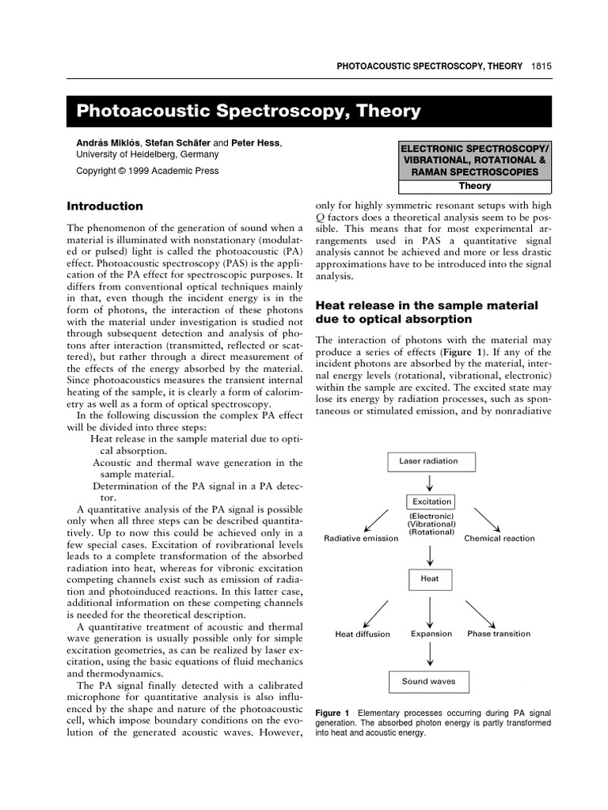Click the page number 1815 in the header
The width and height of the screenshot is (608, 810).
tap(542, 66)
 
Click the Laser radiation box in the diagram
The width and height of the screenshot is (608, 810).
tap(427, 460)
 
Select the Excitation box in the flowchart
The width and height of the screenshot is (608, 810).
tap(431, 502)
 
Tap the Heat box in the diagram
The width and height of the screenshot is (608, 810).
tap(429, 578)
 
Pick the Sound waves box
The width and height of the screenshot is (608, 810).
tap(428, 681)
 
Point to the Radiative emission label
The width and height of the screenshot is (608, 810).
tap(360, 539)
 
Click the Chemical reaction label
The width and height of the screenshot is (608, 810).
tap(499, 539)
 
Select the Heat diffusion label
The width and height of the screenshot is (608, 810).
tap(362, 634)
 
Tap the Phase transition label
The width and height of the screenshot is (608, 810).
tap(499, 634)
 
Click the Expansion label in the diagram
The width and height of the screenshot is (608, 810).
tap(431, 634)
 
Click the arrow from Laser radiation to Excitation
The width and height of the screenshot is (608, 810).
tap(429, 482)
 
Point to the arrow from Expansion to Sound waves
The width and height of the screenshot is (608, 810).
tap(429, 654)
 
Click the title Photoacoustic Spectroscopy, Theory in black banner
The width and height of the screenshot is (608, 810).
tap(248, 112)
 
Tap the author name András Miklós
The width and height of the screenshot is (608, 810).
tap(106, 143)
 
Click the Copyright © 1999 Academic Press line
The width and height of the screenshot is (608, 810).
tap(147, 171)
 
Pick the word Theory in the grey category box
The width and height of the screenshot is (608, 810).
tap(474, 187)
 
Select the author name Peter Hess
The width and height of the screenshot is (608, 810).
tap(256, 143)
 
